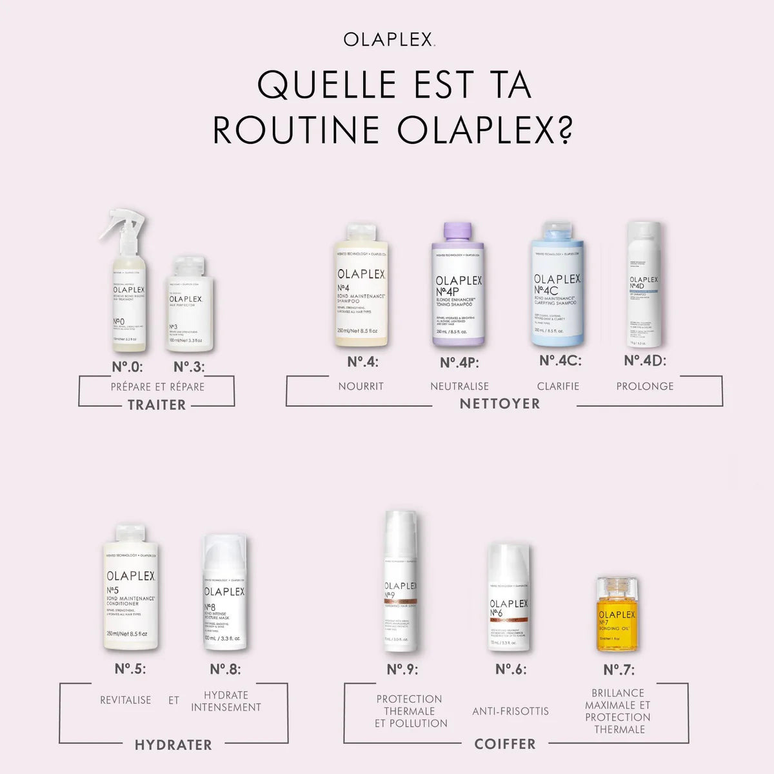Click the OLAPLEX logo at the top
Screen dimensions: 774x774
click(x=388, y=39)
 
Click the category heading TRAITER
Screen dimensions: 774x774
click(x=156, y=405)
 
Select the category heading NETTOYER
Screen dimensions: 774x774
click(x=500, y=404)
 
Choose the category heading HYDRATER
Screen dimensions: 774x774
click(x=174, y=745)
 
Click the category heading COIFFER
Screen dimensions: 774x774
click(x=505, y=744)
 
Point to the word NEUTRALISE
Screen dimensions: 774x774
click(x=459, y=386)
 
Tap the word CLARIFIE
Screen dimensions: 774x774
click(x=558, y=386)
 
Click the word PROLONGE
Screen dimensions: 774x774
click(x=644, y=386)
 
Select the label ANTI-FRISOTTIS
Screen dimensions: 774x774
click(x=510, y=711)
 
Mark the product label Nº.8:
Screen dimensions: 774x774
click(x=225, y=670)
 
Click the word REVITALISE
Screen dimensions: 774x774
click(x=126, y=700)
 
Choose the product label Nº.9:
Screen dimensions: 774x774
click(x=402, y=670)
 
